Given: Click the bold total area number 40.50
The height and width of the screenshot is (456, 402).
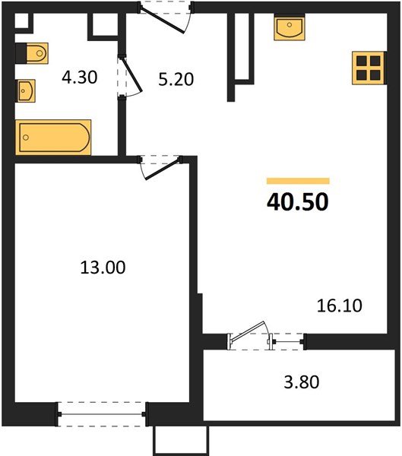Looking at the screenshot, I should pyautogui.click(x=297, y=203).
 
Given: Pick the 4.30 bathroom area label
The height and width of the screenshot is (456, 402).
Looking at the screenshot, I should pyautogui.click(x=78, y=77).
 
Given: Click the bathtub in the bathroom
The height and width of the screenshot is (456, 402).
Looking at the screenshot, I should pyautogui.click(x=54, y=136).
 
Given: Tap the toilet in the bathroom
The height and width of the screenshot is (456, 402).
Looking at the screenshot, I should pyautogui.click(x=32, y=53).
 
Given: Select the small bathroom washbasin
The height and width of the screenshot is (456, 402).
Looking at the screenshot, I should pyautogui.click(x=26, y=91).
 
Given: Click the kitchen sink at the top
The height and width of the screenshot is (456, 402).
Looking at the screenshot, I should pyautogui.click(x=291, y=30).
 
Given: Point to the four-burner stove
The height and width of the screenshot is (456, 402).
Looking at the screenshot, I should pyautogui.click(x=370, y=68).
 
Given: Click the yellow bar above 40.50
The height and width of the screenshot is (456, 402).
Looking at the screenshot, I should pyautogui.click(x=297, y=182).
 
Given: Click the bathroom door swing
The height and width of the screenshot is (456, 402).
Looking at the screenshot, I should pyautogui.click(x=130, y=77).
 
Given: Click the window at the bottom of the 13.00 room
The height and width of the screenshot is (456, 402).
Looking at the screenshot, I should pyautogui.click(x=102, y=414).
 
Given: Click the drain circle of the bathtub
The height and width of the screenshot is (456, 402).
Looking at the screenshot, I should pyautogui.click(x=27, y=138).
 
